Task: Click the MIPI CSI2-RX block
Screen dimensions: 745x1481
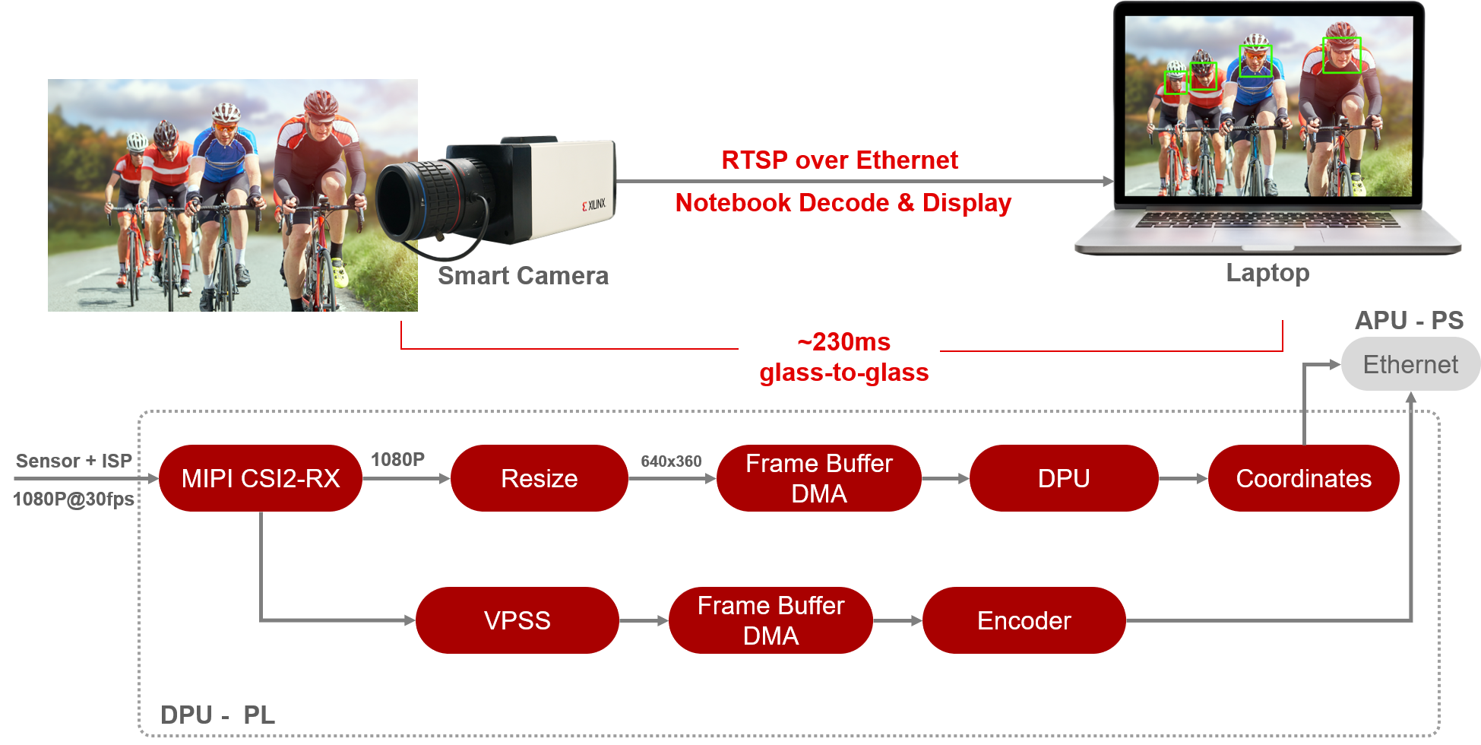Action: (261, 478)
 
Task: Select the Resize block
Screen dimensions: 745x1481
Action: (540, 478)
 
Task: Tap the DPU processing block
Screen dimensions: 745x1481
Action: (1064, 478)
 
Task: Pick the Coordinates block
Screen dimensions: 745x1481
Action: (1303, 478)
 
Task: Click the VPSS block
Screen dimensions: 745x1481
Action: (517, 620)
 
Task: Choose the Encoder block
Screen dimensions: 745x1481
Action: (1024, 620)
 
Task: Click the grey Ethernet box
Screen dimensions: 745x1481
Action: (1410, 364)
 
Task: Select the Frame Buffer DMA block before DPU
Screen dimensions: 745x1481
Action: (818, 478)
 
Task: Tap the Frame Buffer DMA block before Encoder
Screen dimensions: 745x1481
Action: (771, 620)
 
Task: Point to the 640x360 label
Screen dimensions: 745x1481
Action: (671, 461)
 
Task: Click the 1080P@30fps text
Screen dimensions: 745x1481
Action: (74, 499)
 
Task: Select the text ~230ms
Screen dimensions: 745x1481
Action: (843, 342)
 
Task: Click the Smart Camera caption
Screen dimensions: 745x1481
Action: (523, 275)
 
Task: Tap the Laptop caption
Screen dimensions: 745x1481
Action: (1267, 273)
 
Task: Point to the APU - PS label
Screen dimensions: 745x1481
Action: (1409, 320)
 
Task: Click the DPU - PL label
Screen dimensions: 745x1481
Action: (217, 715)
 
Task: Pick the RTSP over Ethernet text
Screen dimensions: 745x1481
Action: (840, 160)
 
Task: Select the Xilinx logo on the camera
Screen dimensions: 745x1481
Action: (594, 204)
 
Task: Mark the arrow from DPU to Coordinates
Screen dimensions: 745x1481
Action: (1183, 478)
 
